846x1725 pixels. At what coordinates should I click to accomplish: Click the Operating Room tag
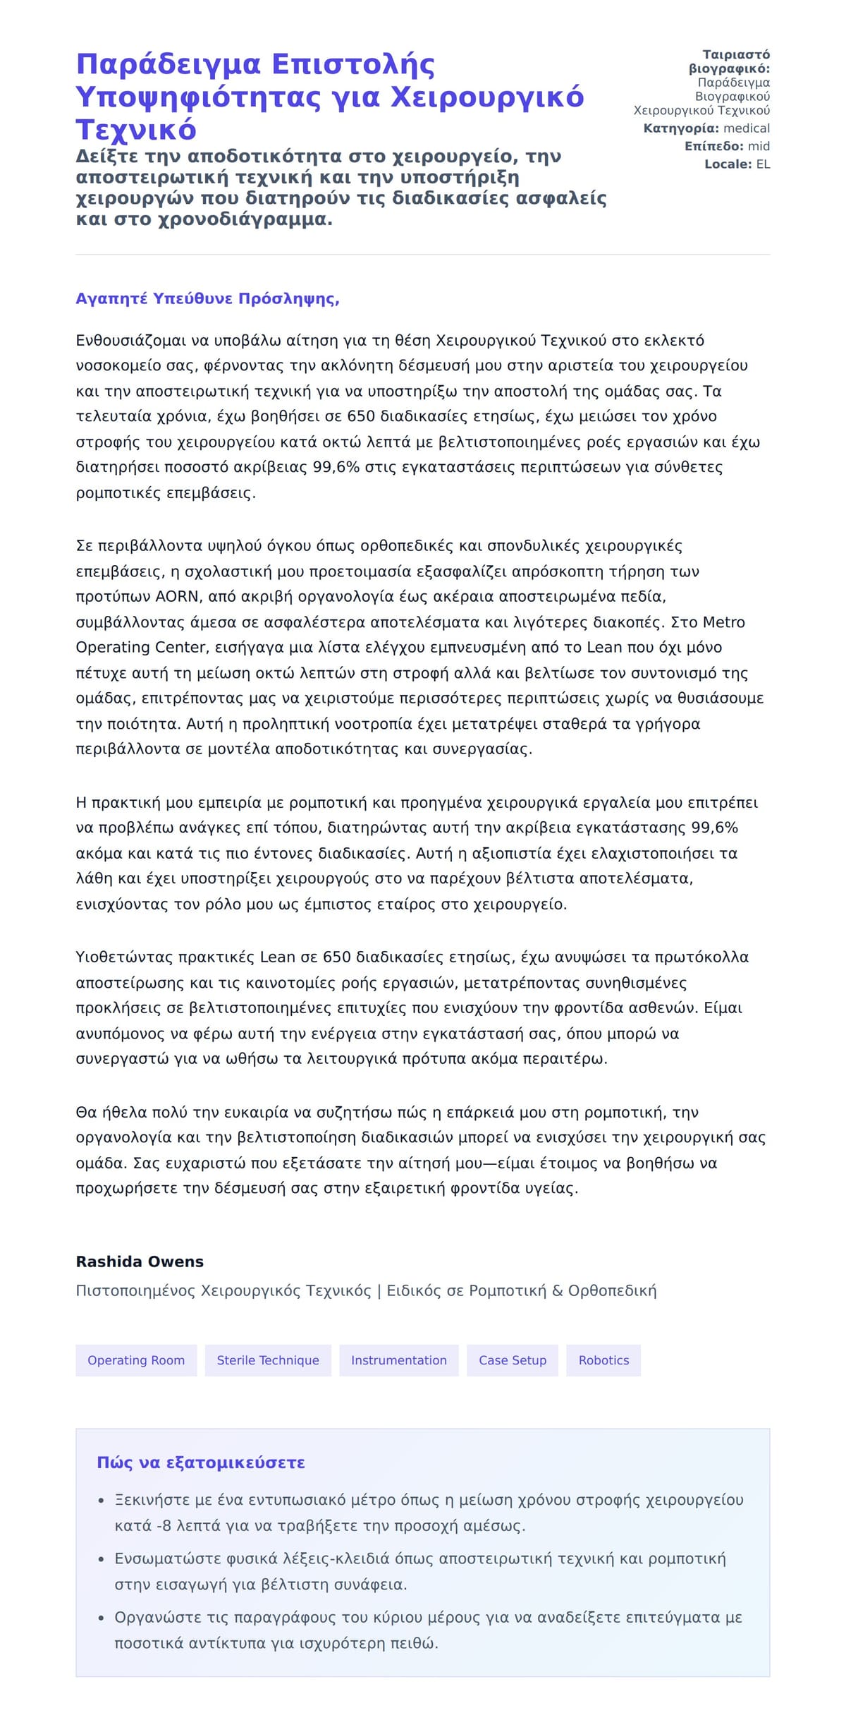click(136, 1360)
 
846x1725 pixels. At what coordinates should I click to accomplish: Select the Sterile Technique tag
click(268, 1360)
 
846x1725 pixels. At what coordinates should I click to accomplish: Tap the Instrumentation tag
click(399, 1360)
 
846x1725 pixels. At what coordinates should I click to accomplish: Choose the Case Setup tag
click(513, 1360)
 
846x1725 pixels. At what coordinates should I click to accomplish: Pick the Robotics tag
click(603, 1360)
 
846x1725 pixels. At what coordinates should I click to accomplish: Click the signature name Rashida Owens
click(140, 1261)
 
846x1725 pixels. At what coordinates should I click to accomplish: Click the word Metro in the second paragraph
click(724, 622)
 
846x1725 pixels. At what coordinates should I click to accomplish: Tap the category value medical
click(747, 128)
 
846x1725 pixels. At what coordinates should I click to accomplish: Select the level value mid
click(759, 146)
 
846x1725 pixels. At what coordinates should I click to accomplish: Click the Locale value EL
click(763, 164)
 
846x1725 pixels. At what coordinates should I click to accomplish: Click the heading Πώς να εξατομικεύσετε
click(201, 1463)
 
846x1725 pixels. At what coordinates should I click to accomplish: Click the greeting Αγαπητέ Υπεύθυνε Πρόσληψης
click(207, 298)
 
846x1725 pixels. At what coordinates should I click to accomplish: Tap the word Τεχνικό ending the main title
click(136, 130)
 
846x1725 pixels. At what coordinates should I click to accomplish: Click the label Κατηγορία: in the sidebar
click(681, 128)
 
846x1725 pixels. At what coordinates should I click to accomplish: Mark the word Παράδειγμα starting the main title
click(168, 64)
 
